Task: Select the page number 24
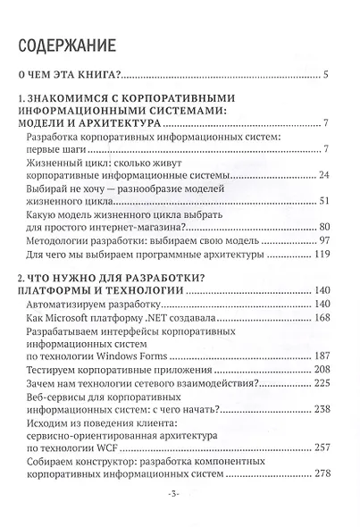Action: click(324, 175)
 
